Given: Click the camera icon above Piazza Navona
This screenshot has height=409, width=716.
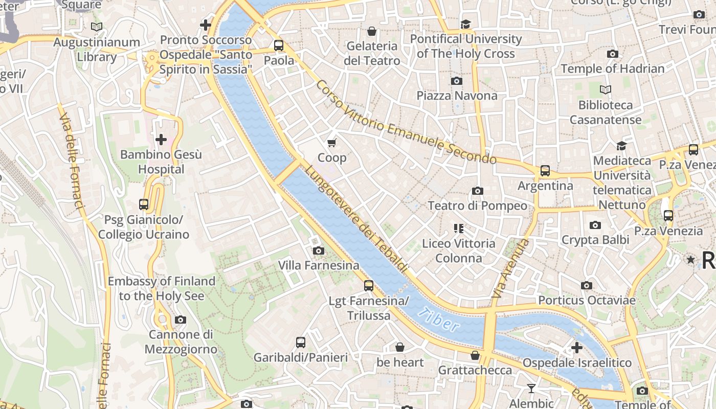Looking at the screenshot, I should click(457, 81).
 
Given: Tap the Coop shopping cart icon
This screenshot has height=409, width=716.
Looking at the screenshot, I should click(332, 143).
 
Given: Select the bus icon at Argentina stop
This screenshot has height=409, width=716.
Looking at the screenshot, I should click(545, 171).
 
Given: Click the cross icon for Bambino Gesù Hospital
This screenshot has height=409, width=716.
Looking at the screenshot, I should click(161, 139).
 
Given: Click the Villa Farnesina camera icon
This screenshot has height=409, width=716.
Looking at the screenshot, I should click(318, 251).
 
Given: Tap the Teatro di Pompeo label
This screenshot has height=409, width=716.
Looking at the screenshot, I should click(477, 206).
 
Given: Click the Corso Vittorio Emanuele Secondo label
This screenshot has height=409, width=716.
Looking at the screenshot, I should click(406, 123).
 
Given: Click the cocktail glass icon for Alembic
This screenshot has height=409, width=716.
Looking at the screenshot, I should click(531, 389).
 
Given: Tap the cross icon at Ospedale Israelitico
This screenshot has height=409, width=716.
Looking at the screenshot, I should click(577, 348).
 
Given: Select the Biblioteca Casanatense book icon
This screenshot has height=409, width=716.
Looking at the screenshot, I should click(606, 90).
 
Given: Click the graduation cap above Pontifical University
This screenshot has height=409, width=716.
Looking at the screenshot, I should click(465, 24).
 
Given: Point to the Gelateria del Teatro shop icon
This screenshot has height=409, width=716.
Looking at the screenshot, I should click(372, 31).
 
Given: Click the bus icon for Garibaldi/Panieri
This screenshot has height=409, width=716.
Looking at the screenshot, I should click(301, 343).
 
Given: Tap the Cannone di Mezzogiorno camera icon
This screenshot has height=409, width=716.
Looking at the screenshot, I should click(181, 320).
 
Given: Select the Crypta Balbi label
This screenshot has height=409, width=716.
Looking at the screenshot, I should click(595, 240).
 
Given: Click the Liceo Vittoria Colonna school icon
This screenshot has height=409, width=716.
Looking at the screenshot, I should click(458, 228).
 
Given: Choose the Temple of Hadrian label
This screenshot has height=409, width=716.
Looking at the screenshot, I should click(612, 69).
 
